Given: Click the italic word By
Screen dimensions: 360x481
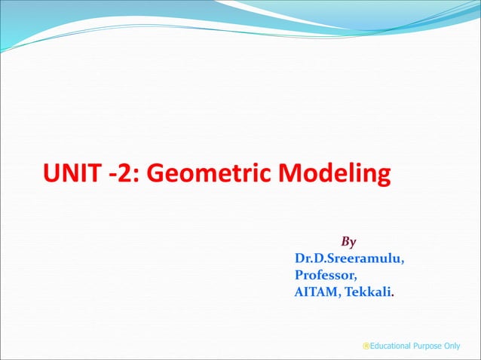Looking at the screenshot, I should [x=348, y=242].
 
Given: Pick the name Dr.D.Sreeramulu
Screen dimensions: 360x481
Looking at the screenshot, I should [x=348, y=259].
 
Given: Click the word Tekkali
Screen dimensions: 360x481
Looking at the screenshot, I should [x=366, y=292].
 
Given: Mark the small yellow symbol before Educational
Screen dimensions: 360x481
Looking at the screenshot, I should [x=366, y=346].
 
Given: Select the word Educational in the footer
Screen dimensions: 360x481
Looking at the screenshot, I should [x=391, y=346].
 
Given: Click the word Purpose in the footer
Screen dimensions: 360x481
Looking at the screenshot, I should [x=427, y=346].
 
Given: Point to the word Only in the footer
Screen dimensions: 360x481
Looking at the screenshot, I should [x=452, y=346].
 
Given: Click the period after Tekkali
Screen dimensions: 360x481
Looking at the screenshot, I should [x=393, y=296].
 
